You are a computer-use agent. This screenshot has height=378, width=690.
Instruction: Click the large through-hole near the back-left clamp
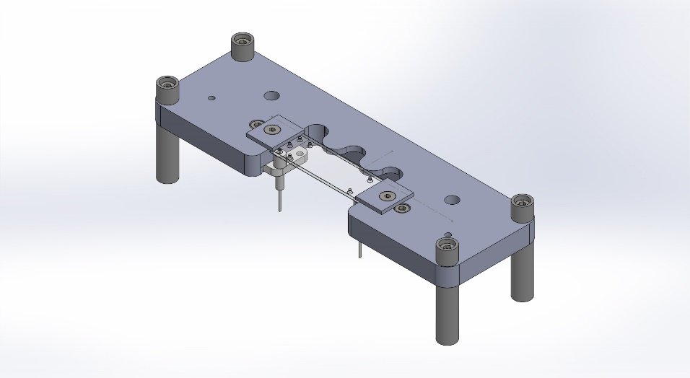coord(272,95)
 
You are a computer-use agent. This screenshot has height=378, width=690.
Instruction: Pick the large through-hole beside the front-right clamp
coord(453,200)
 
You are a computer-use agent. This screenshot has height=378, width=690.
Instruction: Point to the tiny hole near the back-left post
coord(211,98)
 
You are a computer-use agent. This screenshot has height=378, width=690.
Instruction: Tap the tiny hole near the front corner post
coord(448,234)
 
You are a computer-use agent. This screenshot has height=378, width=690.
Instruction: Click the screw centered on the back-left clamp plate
coord(272,129)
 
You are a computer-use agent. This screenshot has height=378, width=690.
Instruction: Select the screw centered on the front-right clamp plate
coord(386,196)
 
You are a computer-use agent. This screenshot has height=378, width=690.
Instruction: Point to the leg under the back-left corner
coord(167,155)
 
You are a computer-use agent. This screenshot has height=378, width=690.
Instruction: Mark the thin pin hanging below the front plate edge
coord(359,249)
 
